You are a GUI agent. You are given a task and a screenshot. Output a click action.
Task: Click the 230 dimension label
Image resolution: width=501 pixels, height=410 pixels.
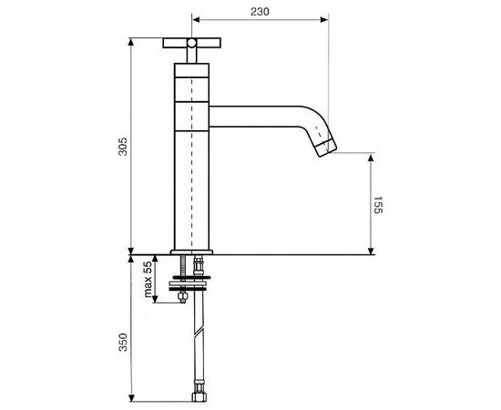[260, 12]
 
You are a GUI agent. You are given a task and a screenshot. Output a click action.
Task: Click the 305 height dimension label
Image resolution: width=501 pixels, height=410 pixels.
[123, 147]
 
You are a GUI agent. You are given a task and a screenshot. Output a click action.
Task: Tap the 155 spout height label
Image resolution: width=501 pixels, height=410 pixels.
[378, 205]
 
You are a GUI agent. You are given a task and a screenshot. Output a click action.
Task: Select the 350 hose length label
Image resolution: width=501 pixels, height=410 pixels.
[123, 343]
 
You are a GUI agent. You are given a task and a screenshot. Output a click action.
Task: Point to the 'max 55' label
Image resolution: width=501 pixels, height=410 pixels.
[148, 279]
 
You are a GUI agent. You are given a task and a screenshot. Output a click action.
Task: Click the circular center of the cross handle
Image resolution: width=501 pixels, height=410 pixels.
[191, 43]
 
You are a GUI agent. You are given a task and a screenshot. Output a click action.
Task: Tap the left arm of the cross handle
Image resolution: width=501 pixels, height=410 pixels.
[175, 43]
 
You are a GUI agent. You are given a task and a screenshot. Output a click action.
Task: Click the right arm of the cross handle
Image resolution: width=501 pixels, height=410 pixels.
[209, 43]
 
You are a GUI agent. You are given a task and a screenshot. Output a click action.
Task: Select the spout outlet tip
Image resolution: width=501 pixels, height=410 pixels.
[326, 149]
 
